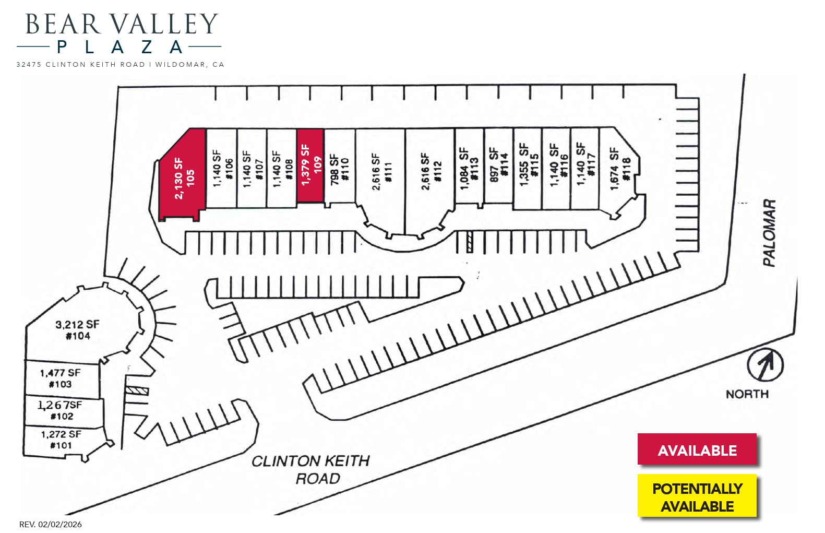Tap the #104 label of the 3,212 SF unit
pyautogui.click(x=78, y=336)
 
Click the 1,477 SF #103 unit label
pyautogui.click(x=60, y=378)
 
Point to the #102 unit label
pyautogui.click(x=62, y=416)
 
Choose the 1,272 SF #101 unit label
pyautogui.click(x=61, y=440)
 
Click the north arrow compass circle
pyautogui.click(x=765, y=365)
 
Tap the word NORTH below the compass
pyautogui.click(x=747, y=394)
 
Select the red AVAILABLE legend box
pyautogui.click(x=697, y=449)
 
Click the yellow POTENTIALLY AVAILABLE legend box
pyautogui.click(x=697, y=496)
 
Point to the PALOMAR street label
pyautogui.click(x=769, y=233)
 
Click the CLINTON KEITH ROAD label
pyautogui.click(x=311, y=469)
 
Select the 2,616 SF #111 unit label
pyautogui.click(x=381, y=171)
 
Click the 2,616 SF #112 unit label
pyautogui.click(x=431, y=171)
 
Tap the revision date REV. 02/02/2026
pyautogui.click(x=51, y=524)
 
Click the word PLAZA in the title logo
pyautogui.click(x=119, y=48)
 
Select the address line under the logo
pyautogui.click(x=120, y=65)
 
